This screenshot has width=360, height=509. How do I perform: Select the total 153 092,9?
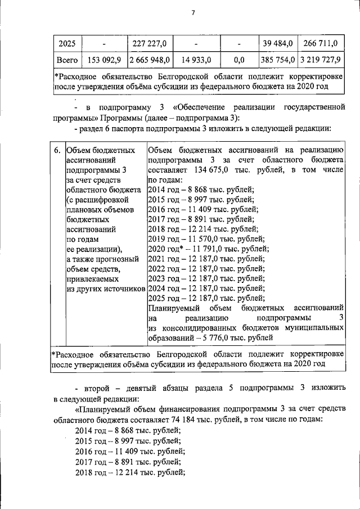coord(104,59)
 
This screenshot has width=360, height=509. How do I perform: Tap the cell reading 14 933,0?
coord(196,59)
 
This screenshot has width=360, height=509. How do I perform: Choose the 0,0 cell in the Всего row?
coord(238,59)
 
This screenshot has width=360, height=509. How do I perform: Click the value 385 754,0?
coord(277,59)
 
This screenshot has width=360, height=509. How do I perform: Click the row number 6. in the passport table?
coord(57,150)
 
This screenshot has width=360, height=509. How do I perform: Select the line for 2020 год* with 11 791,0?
coord(208,249)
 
